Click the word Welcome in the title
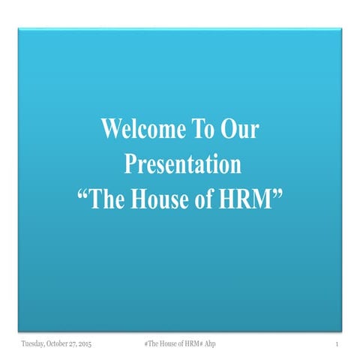136,130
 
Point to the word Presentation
182,163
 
